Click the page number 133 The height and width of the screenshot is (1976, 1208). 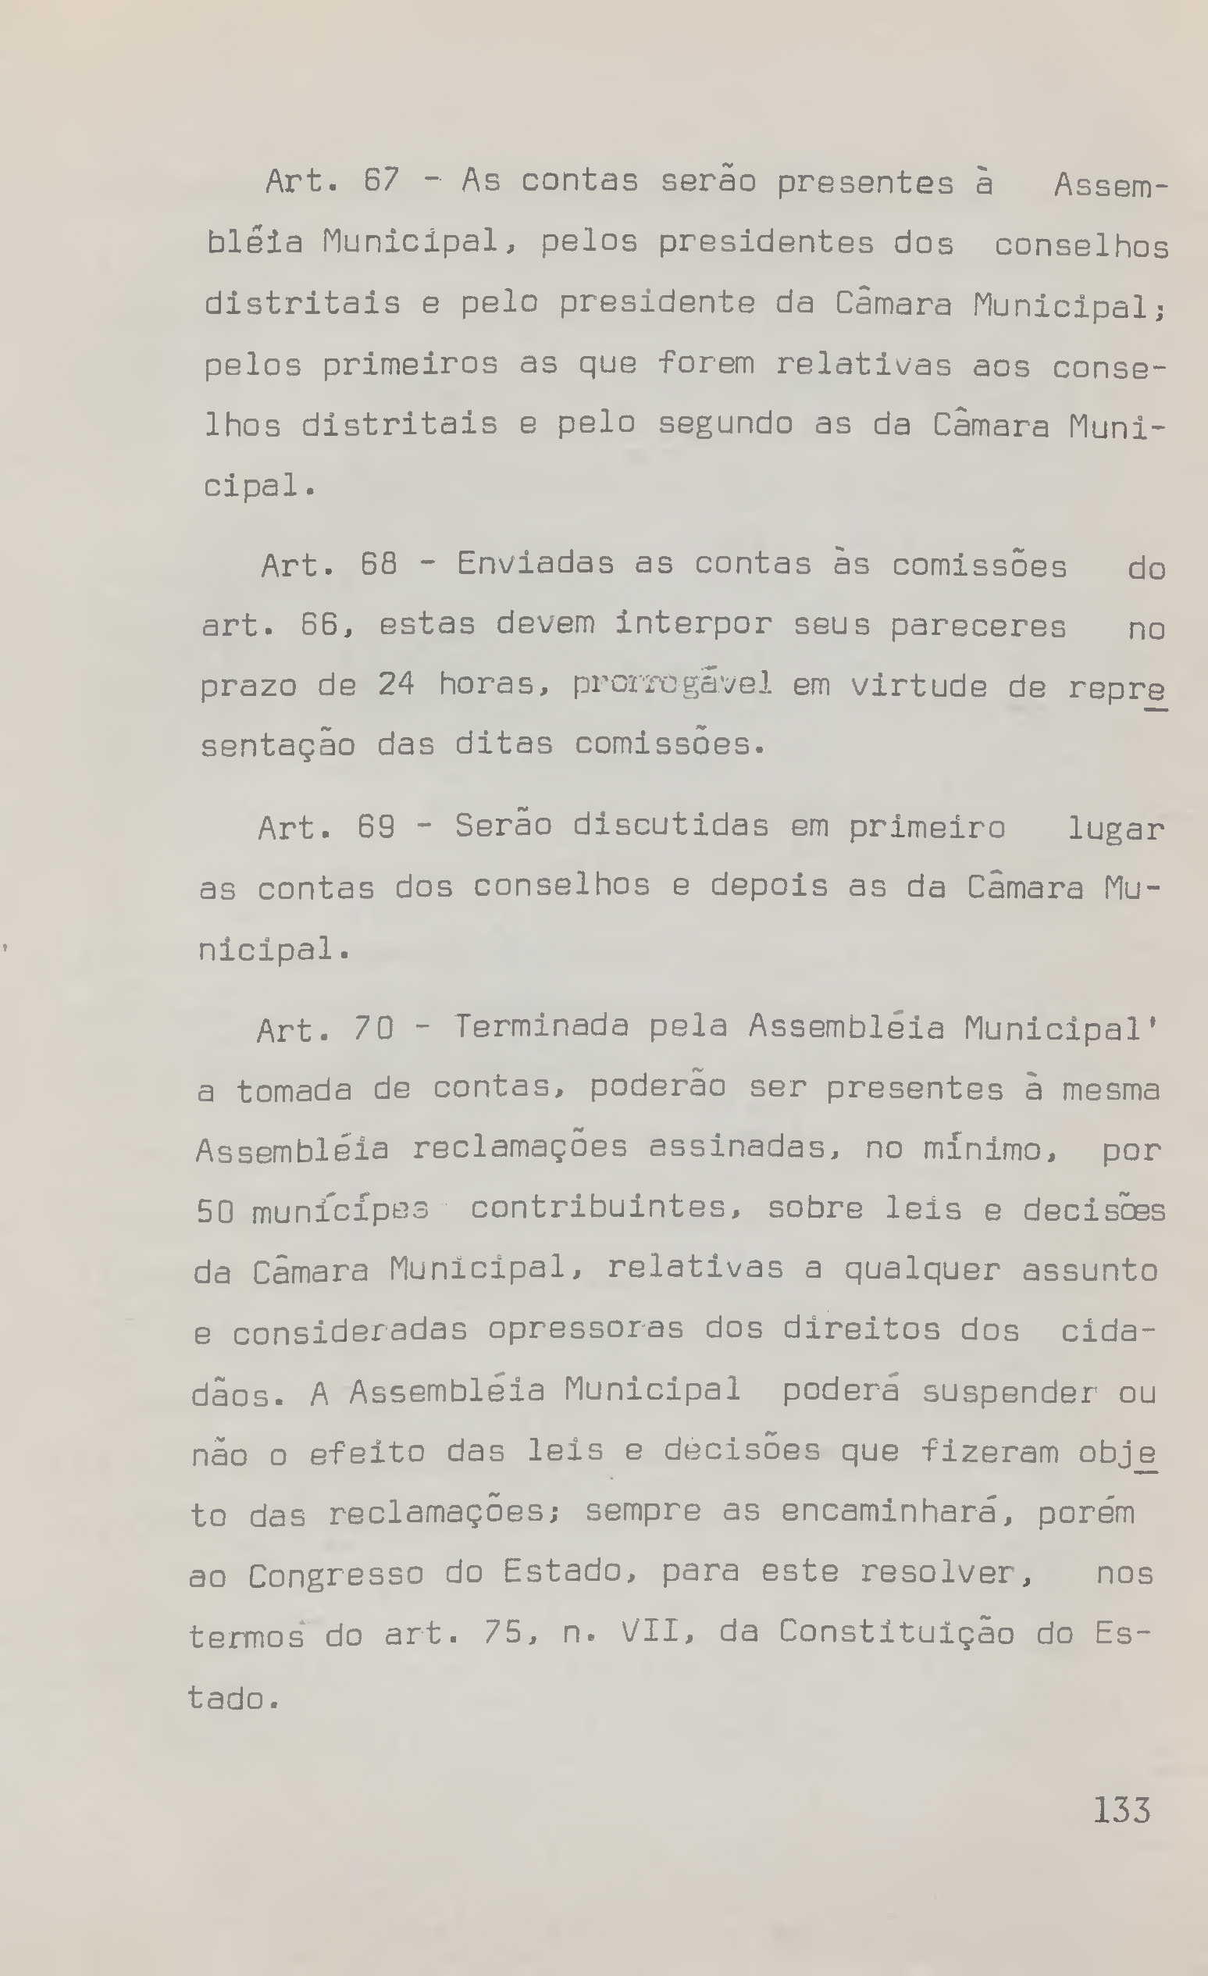pos(1121,1810)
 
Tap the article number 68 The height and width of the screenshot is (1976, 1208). pos(379,565)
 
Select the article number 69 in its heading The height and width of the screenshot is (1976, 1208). pos(376,826)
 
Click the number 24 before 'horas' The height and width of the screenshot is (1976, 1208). pos(396,684)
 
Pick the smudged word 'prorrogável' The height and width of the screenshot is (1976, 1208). pos(672,684)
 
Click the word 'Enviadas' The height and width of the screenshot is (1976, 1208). pos(535,564)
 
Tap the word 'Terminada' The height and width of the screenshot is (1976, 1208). pos(541,1026)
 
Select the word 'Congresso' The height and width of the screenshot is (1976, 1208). pos(335,1575)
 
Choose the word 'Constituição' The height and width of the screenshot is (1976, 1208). pos(896,1633)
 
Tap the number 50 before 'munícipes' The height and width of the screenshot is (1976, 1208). pos(215,1211)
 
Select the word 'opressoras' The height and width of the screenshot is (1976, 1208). pos(585,1329)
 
